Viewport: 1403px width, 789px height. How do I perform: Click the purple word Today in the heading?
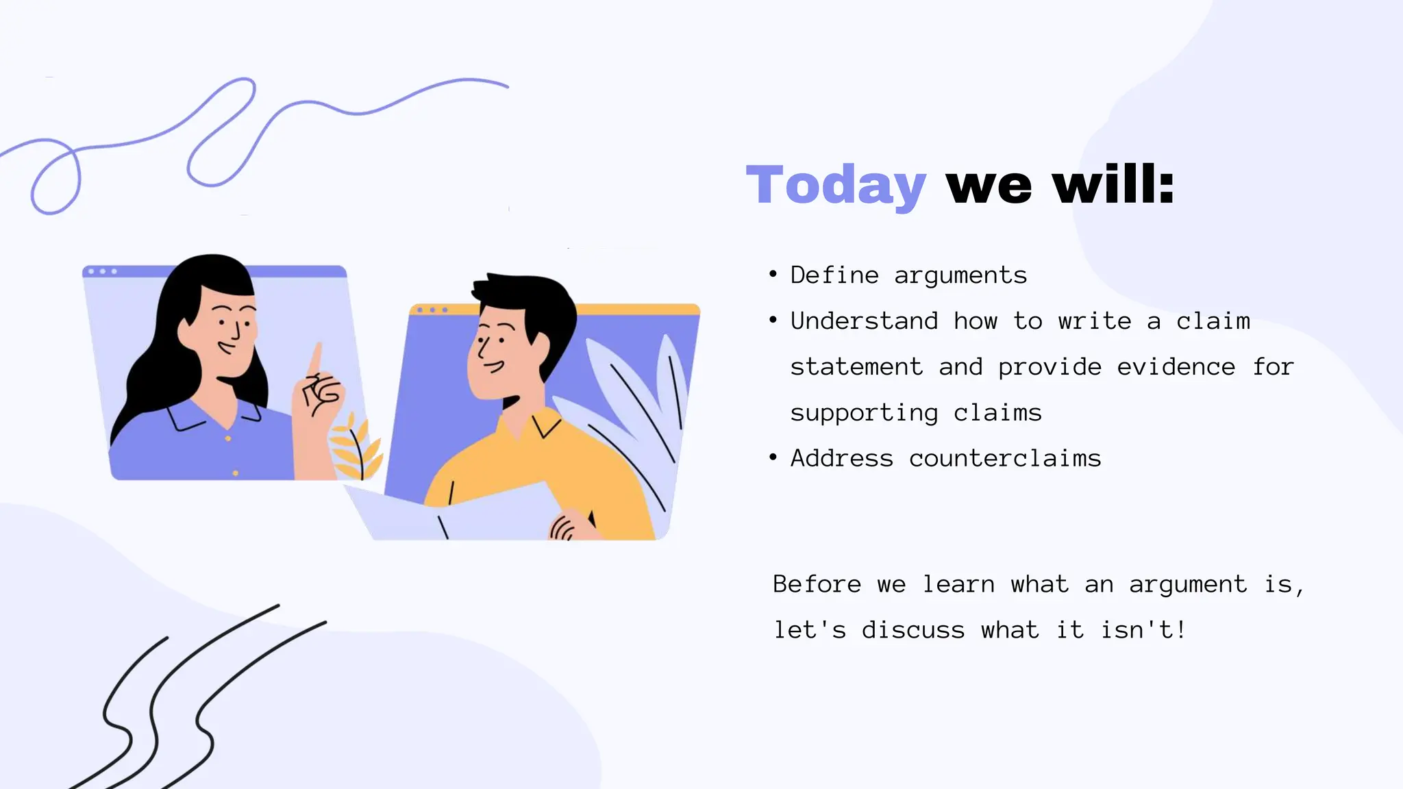[x=836, y=185]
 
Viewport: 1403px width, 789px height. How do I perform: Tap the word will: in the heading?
[x=1113, y=185]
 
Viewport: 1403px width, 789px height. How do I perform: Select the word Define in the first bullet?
[x=834, y=275]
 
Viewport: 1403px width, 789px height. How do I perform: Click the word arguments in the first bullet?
[x=960, y=275]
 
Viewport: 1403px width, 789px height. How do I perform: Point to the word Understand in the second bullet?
[x=864, y=321]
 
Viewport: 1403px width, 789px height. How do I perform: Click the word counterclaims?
[x=1005, y=458]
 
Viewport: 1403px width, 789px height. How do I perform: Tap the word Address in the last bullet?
[x=842, y=458]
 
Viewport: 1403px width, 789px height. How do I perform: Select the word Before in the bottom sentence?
[x=817, y=584]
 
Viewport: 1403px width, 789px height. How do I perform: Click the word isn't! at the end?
[x=1143, y=630]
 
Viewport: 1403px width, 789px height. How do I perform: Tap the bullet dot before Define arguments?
[x=773, y=275]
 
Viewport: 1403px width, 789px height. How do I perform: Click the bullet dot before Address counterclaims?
[x=773, y=458]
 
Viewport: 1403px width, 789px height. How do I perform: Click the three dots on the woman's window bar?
[x=103, y=272]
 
